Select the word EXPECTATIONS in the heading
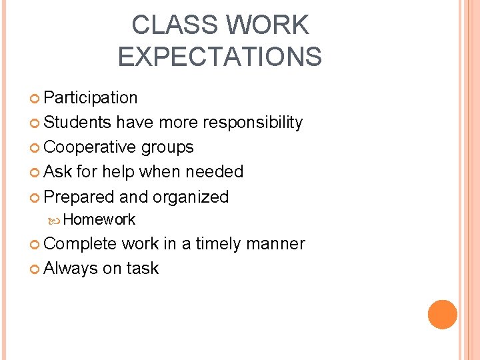click(219, 57)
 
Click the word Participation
click(90, 98)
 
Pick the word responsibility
click(253, 123)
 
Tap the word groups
click(168, 147)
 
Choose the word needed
click(214, 172)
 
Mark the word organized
click(191, 197)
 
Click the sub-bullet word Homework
click(100, 219)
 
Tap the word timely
click(219, 244)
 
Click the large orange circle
click(443, 315)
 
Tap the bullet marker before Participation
click(35, 99)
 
